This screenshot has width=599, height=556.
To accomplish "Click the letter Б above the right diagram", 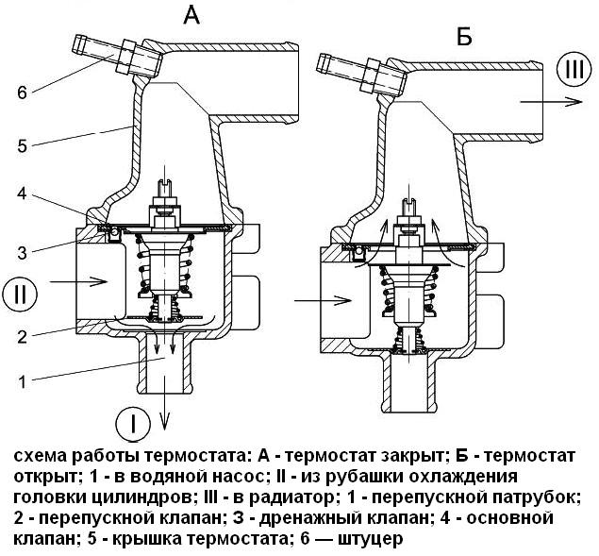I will coord(463,38).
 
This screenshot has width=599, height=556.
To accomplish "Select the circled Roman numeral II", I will coord(20,293).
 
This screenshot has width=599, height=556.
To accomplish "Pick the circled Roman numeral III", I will coord(574,70).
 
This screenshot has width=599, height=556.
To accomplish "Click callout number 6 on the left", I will coord(23,92).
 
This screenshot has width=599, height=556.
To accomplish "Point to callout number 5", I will coord(23,144).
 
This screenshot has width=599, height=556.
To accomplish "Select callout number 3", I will coord(23,249).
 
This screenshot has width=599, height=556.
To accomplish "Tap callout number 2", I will coord(23,330).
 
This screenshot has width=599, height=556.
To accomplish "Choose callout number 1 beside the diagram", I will coord(23,380).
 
